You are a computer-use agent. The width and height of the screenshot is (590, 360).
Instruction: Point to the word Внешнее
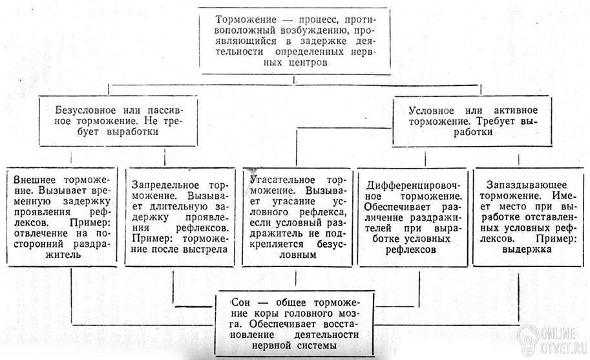[x=28, y=180]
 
